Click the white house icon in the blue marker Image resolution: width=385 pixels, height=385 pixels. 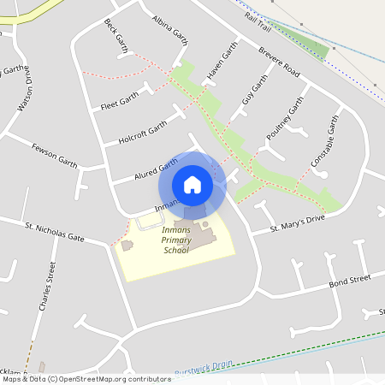pos(192,185)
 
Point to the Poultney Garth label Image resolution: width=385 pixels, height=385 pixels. pos(285,119)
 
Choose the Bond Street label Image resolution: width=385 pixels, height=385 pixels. pos(350,280)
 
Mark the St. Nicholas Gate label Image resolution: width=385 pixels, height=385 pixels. pos(55,232)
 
